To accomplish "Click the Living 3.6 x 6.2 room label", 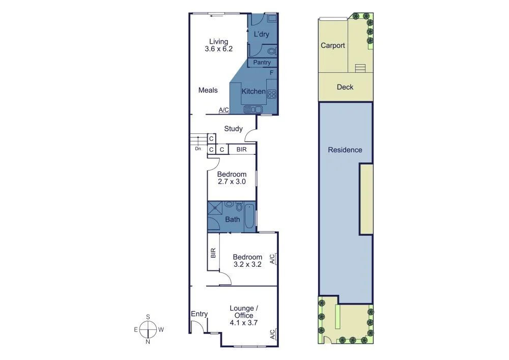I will (x=218, y=45).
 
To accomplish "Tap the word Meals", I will (x=208, y=90).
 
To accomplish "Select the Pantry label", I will (x=262, y=63).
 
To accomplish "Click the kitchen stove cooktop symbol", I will (x=272, y=94).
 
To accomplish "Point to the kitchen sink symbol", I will (x=252, y=108).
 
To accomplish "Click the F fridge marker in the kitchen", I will (x=272, y=73).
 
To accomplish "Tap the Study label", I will (x=233, y=129).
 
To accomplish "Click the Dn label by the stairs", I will (x=198, y=149).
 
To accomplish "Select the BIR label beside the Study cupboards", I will (x=242, y=149).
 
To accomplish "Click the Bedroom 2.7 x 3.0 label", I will (x=232, y=178).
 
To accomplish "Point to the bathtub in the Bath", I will (x=249, y=215).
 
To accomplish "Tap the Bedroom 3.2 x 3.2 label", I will (x=247, y=261).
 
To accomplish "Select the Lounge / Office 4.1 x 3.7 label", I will (x=244, y=315).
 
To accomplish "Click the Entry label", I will (x=199, y=314).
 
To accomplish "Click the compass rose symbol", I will (x=148, y=329).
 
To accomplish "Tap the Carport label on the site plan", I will (x=332, y=45).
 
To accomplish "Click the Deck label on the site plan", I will (x=345, y=87).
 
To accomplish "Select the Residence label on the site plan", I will (x=345, y=150).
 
